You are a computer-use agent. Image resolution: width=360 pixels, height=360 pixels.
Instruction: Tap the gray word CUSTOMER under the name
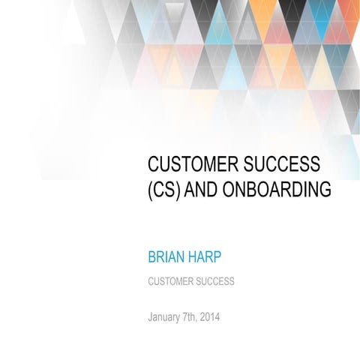[x=170, y=282]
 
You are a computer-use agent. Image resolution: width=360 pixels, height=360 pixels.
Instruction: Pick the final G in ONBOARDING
[x=324, y=190]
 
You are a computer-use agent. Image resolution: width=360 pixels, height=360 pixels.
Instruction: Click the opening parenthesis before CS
[x=151, y=190]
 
